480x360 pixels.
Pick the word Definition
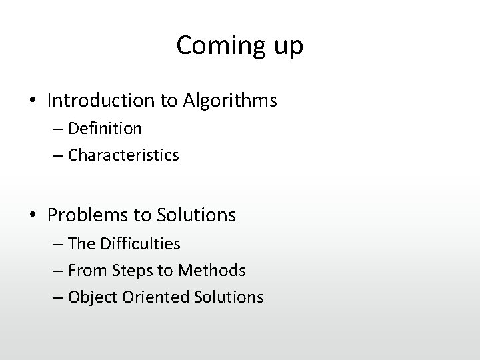105,127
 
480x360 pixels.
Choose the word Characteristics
123,155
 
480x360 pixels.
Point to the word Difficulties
139,244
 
